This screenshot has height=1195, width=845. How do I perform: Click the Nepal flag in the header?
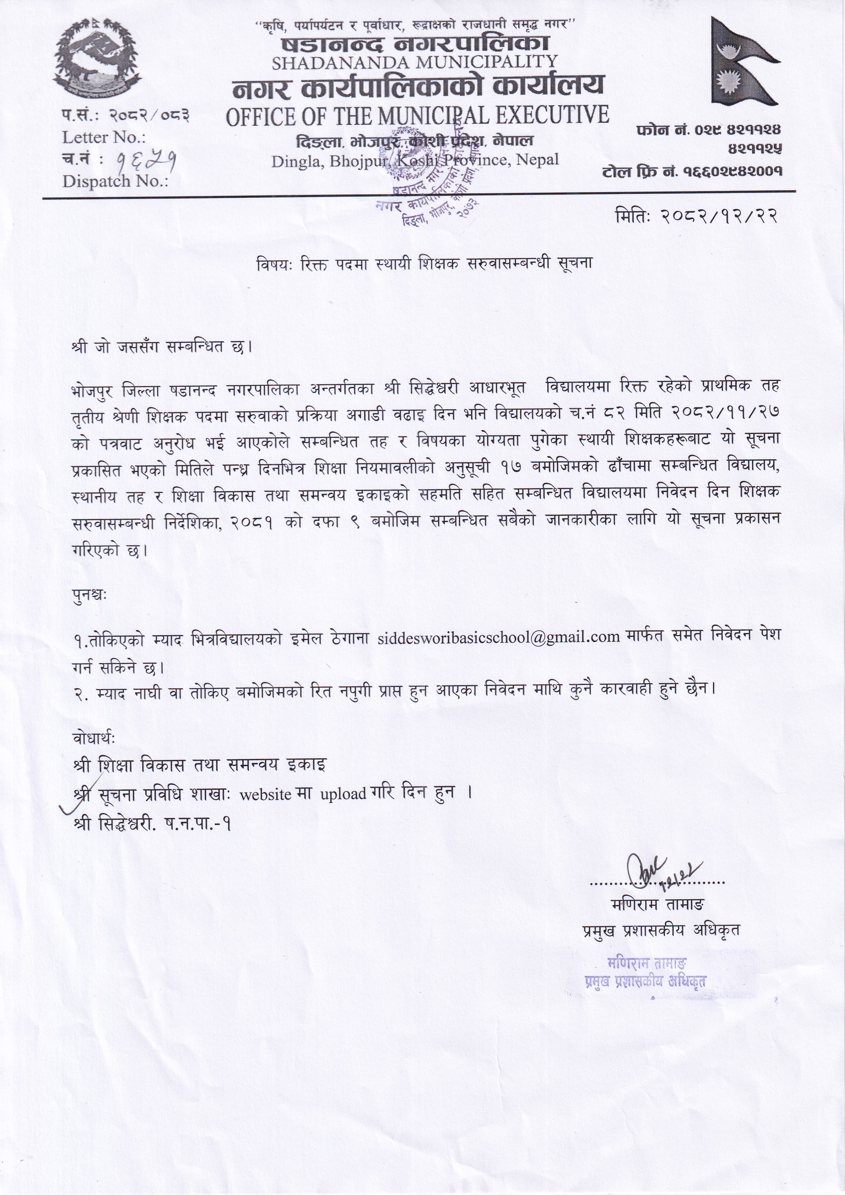pos(741,61)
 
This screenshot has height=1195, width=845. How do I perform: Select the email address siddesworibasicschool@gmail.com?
pos(499,637)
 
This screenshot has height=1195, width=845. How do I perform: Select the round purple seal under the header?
pos(427,174)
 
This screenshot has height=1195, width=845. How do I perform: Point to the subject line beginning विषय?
pos(425,264)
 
